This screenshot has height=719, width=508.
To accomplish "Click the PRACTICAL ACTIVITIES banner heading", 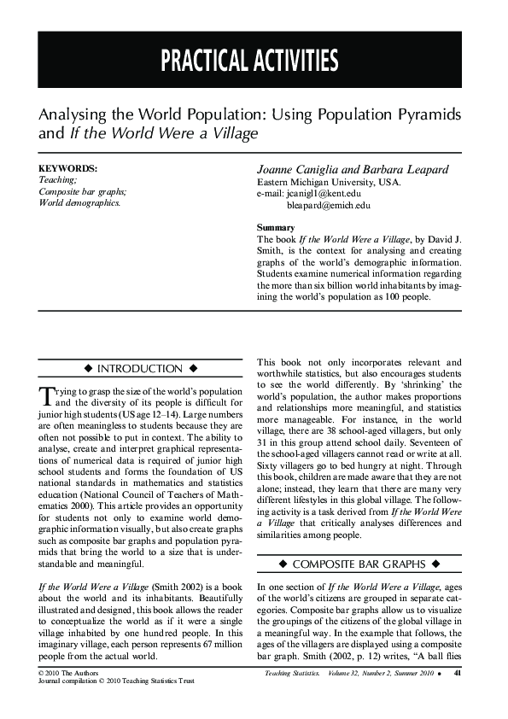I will (x=248, y=61).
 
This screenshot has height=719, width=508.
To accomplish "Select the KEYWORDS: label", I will (x=68, y=169).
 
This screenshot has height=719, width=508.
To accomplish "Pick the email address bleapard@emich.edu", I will (x=329, y=205).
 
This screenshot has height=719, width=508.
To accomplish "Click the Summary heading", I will (x=276, y=228).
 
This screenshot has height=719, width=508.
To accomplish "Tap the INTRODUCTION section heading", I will (x=141, y=369).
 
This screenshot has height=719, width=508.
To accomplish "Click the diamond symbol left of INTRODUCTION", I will (x=89, y=369).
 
